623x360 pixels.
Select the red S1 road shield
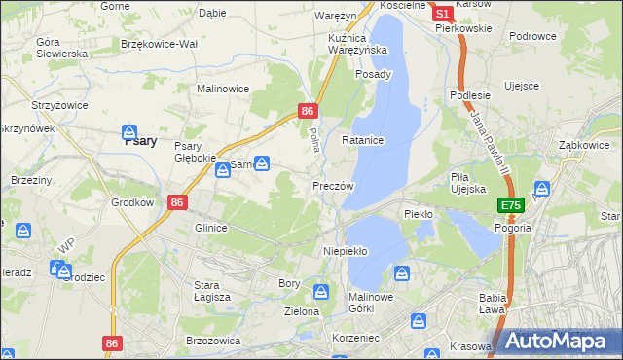click(441, 14)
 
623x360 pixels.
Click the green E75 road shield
click(512, 205)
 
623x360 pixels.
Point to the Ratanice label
click(363, 140)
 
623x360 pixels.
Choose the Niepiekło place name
click(345, 251)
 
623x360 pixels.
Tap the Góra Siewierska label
click(61, 48)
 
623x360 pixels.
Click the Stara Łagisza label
click(210, 291)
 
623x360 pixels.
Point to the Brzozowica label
click(212, 341)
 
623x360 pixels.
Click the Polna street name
click(313, 139)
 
